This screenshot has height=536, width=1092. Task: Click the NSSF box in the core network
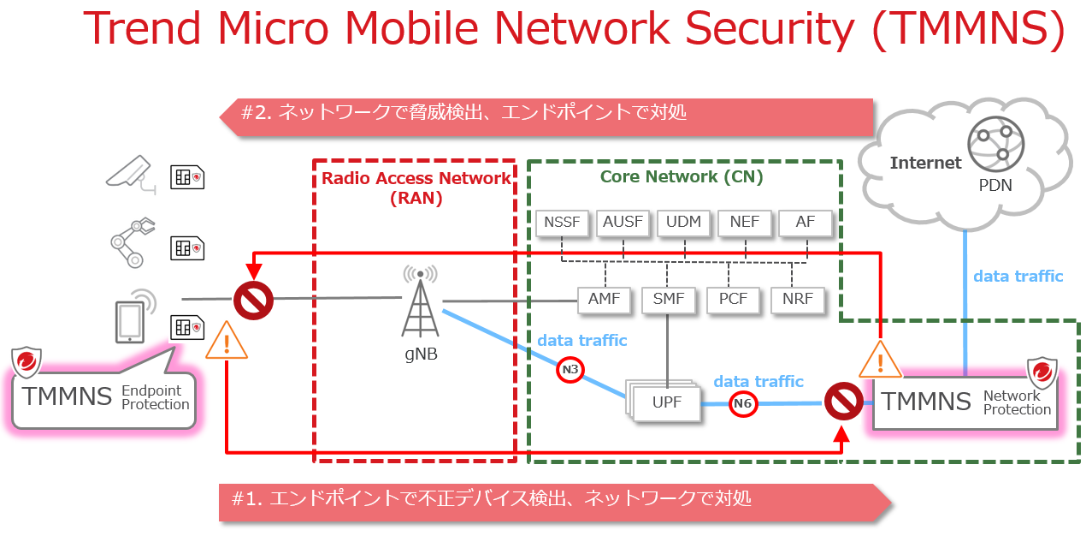[562, 223]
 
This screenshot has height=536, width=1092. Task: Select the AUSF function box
[623, 223]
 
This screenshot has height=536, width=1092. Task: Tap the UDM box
[684, 223]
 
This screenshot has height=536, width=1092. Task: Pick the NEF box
[745, 223]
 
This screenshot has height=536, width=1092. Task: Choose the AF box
[806, 223]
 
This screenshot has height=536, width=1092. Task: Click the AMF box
[605, 300]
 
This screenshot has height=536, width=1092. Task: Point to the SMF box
[669, 300]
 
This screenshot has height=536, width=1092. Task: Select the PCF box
[733, 300]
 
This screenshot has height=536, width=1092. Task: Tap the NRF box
[797, 300]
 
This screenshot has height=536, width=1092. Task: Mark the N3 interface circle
[570, 370]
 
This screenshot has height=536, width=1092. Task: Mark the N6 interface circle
[743, 404]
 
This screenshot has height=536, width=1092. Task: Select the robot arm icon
[132, 243]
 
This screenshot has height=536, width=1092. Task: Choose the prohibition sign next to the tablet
[253, 300]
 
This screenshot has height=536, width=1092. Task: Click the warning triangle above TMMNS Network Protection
[880, 360]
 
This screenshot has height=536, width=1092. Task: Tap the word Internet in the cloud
[925, 163]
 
